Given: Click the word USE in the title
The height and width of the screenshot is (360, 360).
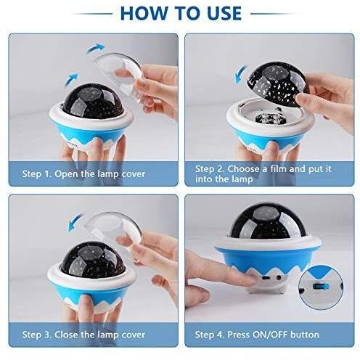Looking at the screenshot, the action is tap(224, 13).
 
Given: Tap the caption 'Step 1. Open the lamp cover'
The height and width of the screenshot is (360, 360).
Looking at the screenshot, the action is tap(83, 174).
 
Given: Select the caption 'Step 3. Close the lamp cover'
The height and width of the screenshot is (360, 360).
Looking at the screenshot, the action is tap(83, 335).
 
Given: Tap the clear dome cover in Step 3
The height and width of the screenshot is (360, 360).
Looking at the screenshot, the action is tap(114, 232).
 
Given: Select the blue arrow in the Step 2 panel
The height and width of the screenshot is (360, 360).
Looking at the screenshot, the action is tap(241, 75).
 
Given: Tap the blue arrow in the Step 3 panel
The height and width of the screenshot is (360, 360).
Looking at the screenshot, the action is tap(75, 222).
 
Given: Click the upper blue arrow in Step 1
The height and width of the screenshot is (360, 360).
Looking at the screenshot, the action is tap(96, 48).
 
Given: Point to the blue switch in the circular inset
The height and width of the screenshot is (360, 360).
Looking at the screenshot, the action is tap(322, 287).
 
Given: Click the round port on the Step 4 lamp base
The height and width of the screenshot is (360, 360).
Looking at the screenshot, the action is tap(279, 277).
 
